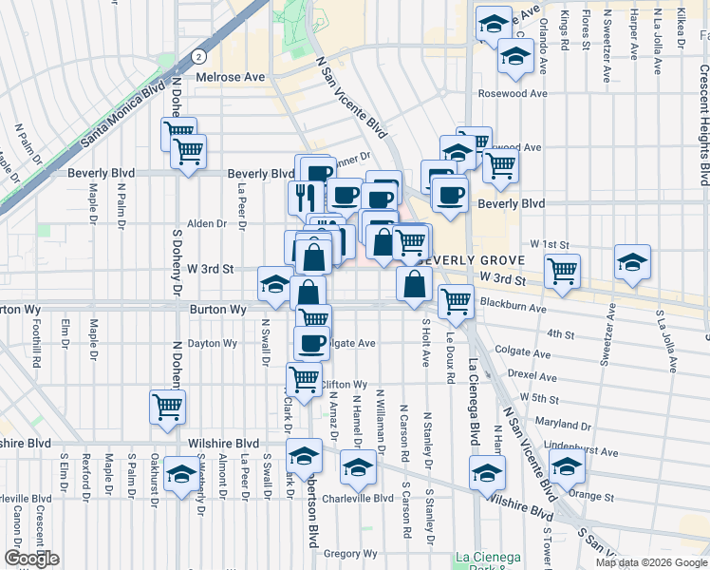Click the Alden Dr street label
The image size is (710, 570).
[207, 224]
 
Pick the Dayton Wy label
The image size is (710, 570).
[211, 344]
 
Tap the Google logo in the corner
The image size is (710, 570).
[31, 559]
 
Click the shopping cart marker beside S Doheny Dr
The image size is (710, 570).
[168, 407]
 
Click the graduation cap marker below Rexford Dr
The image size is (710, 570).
[180, 473]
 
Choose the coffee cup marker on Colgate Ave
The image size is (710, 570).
[311, 342]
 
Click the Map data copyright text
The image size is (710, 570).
[651, 562]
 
